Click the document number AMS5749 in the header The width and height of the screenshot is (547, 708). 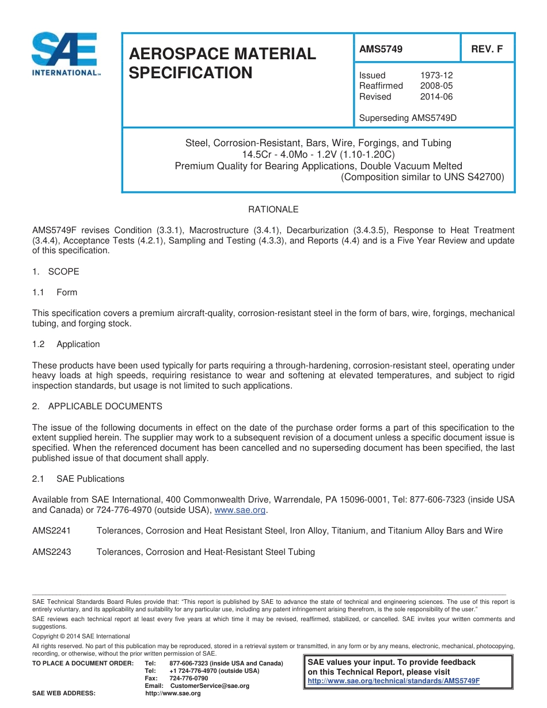(381, 50)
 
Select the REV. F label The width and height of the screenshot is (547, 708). (487, 50)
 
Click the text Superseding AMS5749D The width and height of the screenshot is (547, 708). (407, 118)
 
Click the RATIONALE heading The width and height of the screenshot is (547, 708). (273, 210)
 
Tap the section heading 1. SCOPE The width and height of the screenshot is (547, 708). (56, 272)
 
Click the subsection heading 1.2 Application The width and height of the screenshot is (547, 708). (66, 344)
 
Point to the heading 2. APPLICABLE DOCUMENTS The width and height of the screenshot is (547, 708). (97, 406)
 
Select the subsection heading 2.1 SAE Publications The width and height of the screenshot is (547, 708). (78, 479)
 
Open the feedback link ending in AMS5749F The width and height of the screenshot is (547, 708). (393, 681)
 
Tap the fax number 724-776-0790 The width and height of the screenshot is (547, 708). (189, 679)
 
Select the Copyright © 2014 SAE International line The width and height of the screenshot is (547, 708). (81, 636)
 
